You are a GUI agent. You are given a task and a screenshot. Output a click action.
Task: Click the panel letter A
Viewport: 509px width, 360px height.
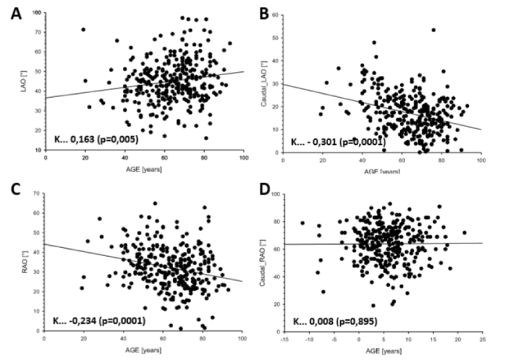[14, 13]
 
